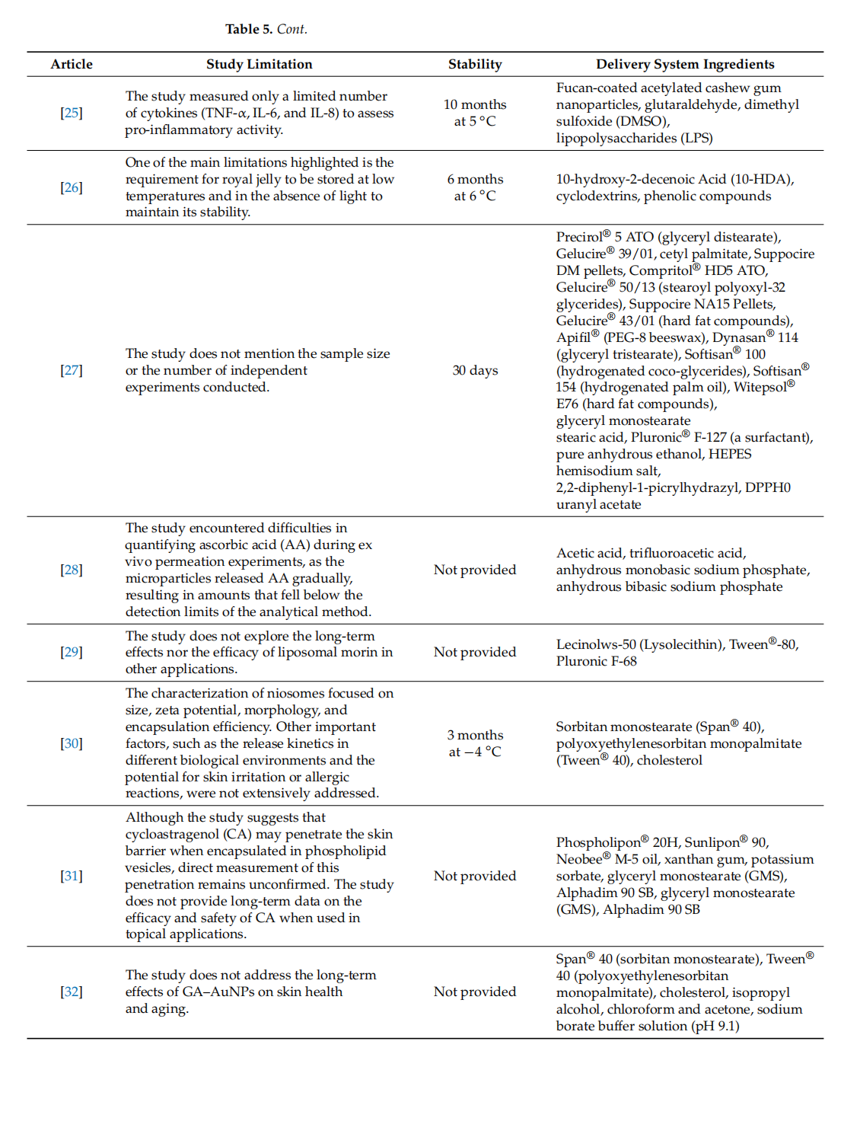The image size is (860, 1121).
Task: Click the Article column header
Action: tap(72, 65)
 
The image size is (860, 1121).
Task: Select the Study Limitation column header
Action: tap(259, 65)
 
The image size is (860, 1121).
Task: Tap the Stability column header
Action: tap(475, 65)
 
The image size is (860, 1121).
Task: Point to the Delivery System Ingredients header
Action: tap(685, 65)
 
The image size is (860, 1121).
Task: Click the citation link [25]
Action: tap(72, 113)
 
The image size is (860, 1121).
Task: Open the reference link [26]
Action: tap(72, 187)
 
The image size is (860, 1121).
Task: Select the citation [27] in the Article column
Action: tap(72, 370)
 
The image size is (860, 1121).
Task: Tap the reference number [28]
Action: tap(72, 570)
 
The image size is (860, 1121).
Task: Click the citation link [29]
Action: tap(72, 652)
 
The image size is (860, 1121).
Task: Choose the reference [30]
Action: tap(72, 743)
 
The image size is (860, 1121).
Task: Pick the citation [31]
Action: tap(72, 876)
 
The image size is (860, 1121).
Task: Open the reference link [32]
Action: tap(72, 992)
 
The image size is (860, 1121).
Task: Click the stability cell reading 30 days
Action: tap(475, 370)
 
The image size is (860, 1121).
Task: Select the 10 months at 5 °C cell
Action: tap(475, 113)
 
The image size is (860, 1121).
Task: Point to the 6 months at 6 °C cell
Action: tap(475, 187)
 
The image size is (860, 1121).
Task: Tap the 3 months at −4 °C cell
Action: tap(475, 743)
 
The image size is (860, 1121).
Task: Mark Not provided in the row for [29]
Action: tap(475, 652)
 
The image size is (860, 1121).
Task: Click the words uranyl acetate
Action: tap(598, 504)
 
